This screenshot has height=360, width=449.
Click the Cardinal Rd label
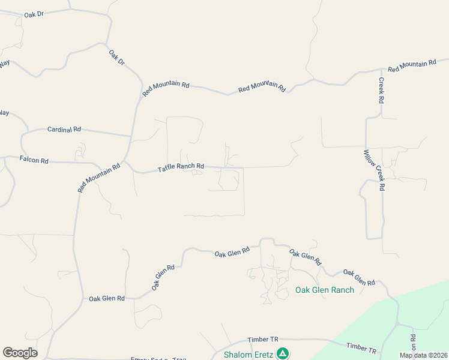coord(64,130)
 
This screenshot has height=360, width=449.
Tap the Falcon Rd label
coord(34,160)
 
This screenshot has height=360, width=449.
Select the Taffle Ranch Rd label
coord(181,168)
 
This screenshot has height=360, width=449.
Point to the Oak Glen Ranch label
coord(325,290)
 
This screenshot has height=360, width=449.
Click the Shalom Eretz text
coord(249,355)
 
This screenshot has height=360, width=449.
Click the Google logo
coord(20,353)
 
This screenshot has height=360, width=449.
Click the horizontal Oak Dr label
coord(34,14)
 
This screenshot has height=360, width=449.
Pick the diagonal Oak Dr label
coord(116,58)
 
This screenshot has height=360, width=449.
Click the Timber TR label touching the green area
coord(361,348)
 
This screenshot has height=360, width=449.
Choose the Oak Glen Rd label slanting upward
coord(163,278)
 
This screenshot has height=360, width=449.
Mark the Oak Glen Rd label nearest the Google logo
coord(107,298)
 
